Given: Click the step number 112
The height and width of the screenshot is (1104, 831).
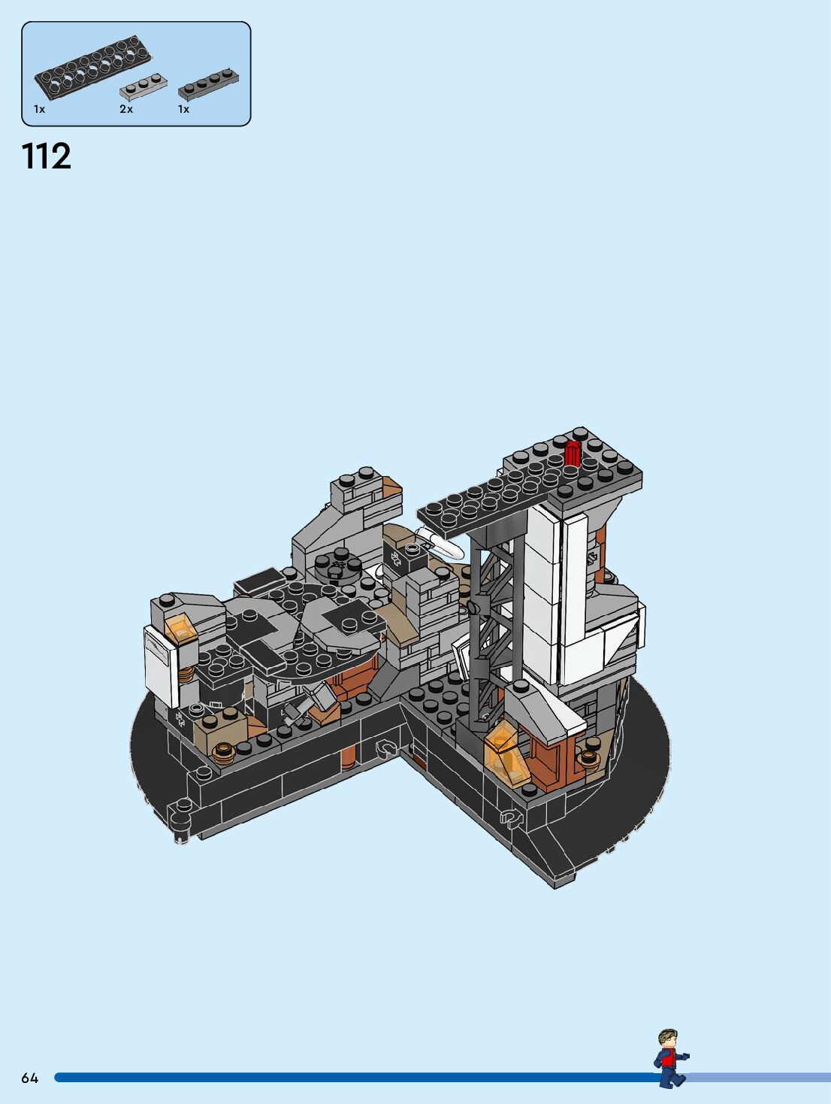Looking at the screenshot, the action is coord(47,156).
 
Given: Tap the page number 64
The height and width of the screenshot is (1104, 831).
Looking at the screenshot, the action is coord(29,1078).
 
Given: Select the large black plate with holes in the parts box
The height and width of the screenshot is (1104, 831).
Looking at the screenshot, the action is coord(93,68).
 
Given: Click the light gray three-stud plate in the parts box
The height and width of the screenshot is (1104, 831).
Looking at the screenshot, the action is coord(144,87).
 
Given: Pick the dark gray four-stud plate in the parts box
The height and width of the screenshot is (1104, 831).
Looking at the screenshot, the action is coord(209,84).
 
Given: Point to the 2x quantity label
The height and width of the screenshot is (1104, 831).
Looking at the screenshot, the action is coord(126,109).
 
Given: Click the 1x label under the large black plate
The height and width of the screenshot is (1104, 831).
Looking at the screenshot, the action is coord(39,109).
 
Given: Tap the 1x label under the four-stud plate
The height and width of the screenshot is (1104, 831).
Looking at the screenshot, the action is coord(183,109).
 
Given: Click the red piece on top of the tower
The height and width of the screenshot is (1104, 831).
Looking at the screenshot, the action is coord(573,454).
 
